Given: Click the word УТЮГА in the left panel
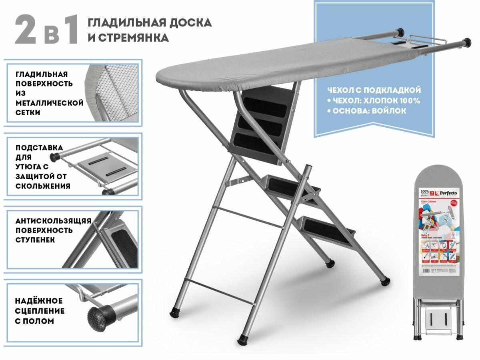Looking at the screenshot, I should point(28,167).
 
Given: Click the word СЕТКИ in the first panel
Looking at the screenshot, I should point(28,113).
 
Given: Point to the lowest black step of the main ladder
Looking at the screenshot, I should point(326,231).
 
